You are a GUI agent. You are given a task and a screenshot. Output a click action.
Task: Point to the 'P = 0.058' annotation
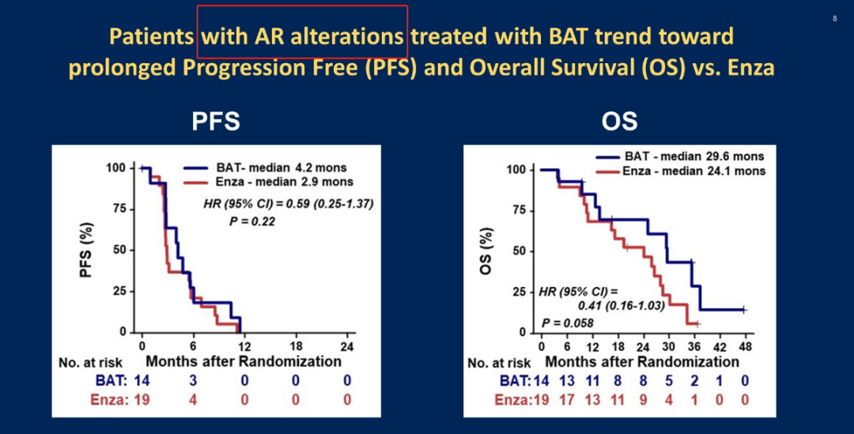pyautogui.click(x=568, y=323)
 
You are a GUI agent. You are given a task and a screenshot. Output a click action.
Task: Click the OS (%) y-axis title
pyautogui.click(x=488, y=251)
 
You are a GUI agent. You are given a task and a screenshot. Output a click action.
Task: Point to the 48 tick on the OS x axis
pyautogui.click(x=744, y=347)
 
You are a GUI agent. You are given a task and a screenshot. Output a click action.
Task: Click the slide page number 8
pyautogui.click(x=835, y=18)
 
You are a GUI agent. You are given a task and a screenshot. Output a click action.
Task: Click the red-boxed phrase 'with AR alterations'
pyautogui.click(x=302, y=36)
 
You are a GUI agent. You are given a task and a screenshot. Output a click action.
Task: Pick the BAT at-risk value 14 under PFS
pyautogui.click(x=142, y=381)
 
